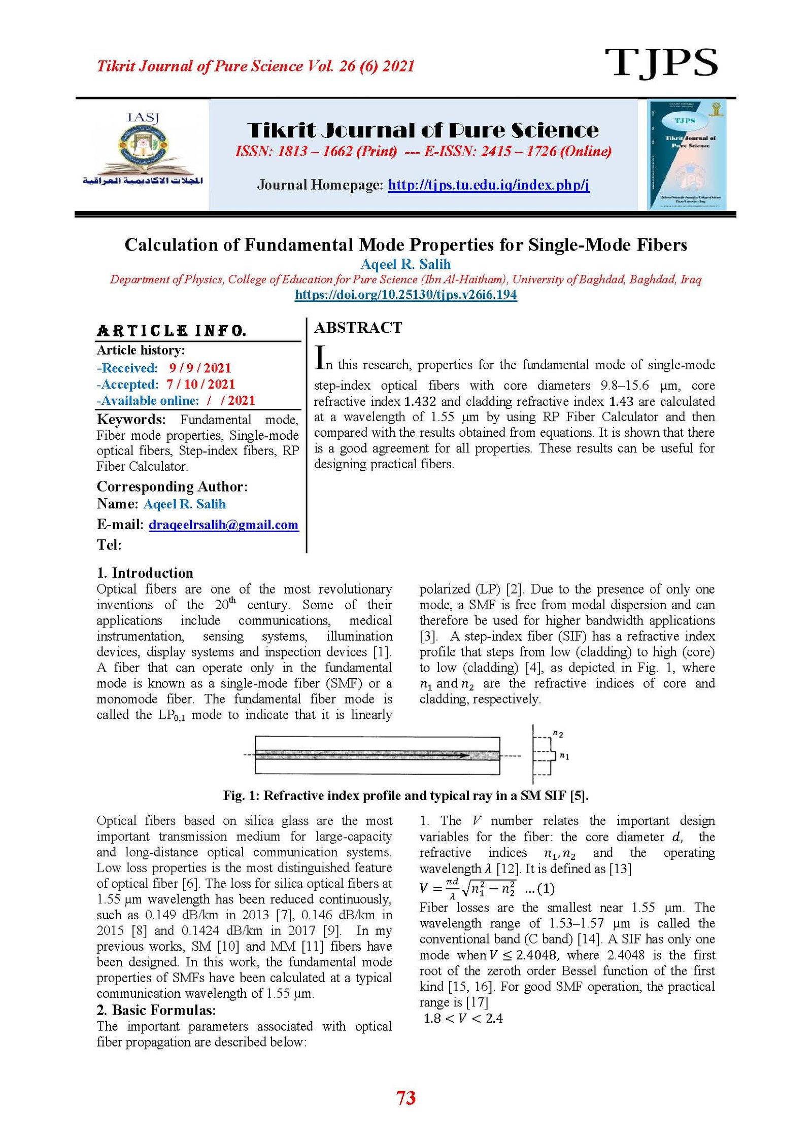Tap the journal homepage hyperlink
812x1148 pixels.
pyautogui.click(x=488, y=185)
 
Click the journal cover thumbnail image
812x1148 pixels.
pyautogui.click(x=687, y=154)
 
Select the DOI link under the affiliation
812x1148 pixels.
pyautogui.click(x=405, y=295)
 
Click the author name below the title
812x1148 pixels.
pyautogui.click(x=405, y=264)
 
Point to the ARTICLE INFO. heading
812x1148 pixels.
pyautogui.click(x=172, y=331)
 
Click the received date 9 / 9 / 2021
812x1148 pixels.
pyautogui.click(x=200, y=368)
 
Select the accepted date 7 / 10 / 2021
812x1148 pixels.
pyautogui.click(x=200, y=384)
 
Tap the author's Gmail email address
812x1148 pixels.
pyautogui.click(x=223, y=525)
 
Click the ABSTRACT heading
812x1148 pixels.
pyautogui.click(x=358, y=328)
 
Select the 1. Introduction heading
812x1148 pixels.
pyautogui.click(x=145, y=573)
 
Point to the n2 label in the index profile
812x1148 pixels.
pyautogui.click(x=558, y=734)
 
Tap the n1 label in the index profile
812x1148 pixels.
pyautogui.click(x=564, y=756)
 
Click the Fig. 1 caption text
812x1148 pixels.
pyautogui.click(x=405, y=795)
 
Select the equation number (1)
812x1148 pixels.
pyautogui.click(x=545, y=888)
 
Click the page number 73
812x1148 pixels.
pyautogui.click(x=405, y=1098)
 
